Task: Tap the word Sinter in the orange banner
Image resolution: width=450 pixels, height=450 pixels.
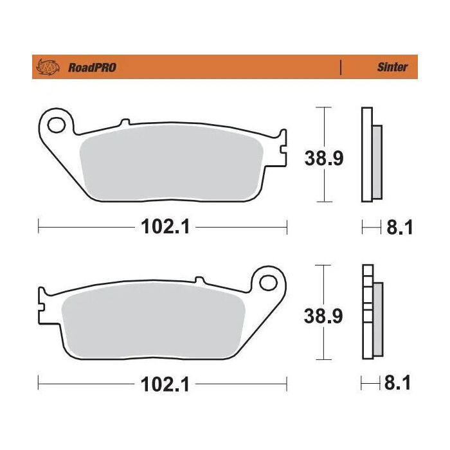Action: (x=392, y=67)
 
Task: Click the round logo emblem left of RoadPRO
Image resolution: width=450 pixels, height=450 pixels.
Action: (x=49, y=67)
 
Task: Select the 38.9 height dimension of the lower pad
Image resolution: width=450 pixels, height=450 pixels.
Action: (x=323, y=316)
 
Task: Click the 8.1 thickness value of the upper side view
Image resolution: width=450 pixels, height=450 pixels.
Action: (x=397, y=227)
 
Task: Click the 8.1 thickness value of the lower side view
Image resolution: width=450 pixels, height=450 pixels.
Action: (x=397, y=385)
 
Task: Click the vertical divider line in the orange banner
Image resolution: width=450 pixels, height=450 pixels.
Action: (x=340, y=67)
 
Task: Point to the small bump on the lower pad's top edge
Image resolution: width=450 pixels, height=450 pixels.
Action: (x=199, y=280)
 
